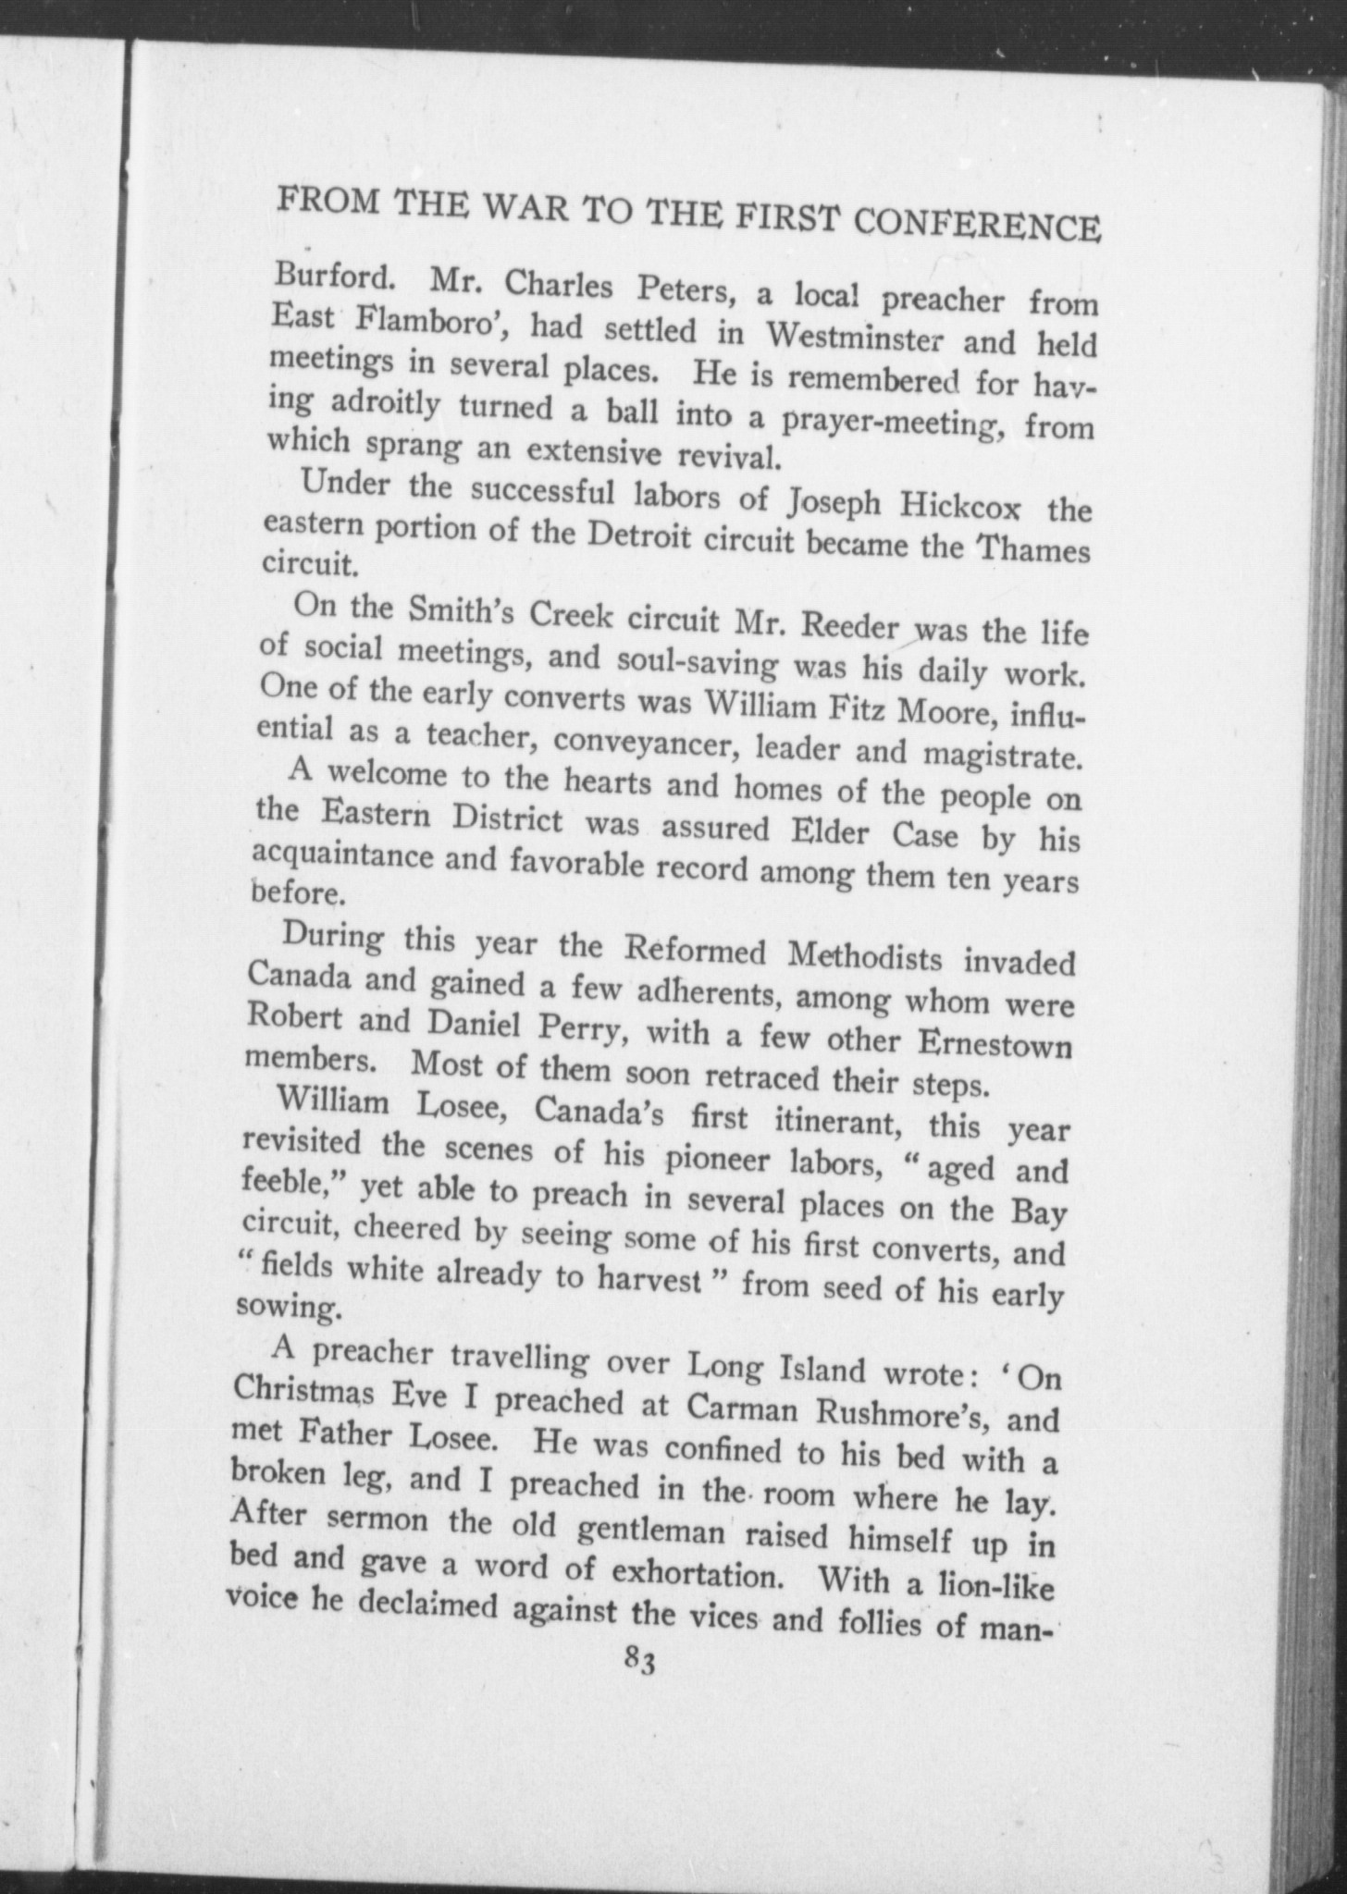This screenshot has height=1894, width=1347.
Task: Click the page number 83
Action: tap(639, 1662)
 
